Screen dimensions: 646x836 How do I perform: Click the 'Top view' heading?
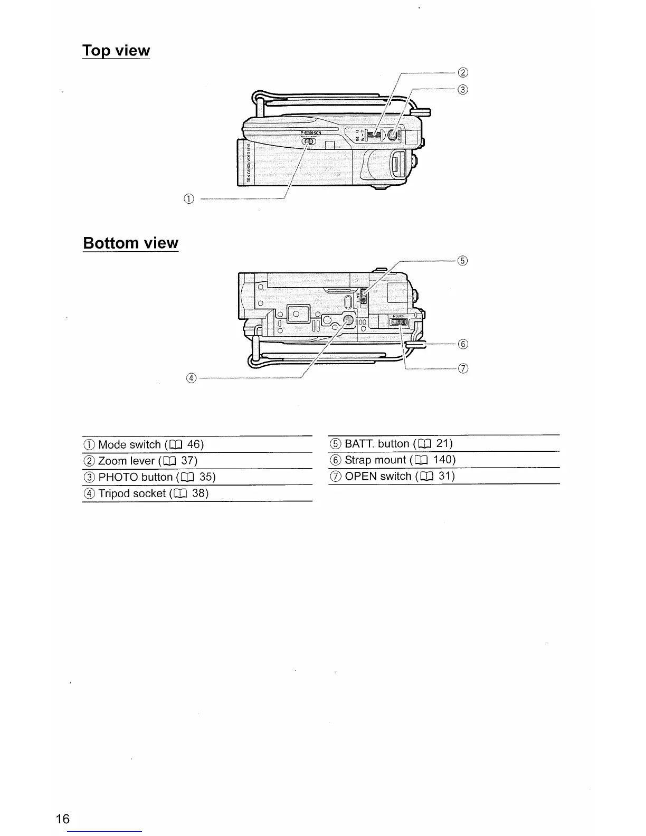tap(116, 51)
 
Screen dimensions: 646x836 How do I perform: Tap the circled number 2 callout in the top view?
tap(462, 72)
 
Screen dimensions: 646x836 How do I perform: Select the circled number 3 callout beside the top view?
tap(462, 89)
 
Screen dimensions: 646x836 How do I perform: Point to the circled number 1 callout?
tap(189, 198)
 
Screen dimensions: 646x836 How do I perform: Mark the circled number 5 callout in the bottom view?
tap(462, 260)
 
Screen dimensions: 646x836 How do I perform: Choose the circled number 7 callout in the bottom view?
tap(463, 368)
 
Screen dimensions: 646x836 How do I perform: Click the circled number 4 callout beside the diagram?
tap(191, 378)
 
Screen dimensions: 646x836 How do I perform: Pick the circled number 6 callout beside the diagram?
tap(463, 344)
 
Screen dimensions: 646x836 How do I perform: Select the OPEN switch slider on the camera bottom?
tap(398, 322)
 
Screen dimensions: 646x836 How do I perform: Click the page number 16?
tap(62, 819)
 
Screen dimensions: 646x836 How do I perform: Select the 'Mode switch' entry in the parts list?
tap(129, 444)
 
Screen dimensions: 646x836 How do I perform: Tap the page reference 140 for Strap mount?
tap(444, 460)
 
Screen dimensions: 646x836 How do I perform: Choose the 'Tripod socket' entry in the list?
tap(132, 493)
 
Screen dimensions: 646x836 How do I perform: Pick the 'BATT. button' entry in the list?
tap(377, 443)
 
